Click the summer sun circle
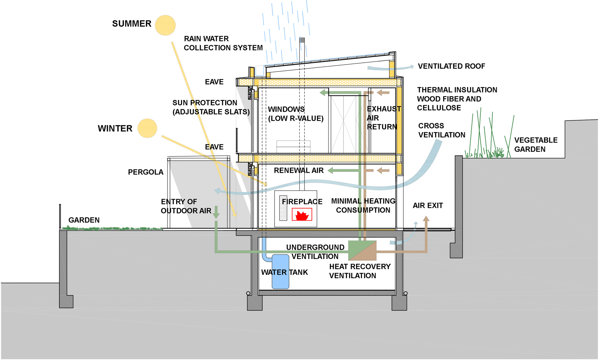(x=165, y=25)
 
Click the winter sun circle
(x=147, y=128)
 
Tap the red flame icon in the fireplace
(x=302, y=215)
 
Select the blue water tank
(x=280, y=272)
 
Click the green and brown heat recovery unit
(x=362, y=250)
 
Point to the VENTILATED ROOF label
(x=451, y=66)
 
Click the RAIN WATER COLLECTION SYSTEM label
(x=223, y=43)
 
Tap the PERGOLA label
(x=146, y=172)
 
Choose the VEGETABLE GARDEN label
(x=536, y=145)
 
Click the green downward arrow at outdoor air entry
(x=216, y=212)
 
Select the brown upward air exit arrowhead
(x=426, y=218)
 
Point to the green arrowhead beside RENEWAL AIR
(x=330, y=171)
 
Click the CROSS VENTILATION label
(x=442, y=130)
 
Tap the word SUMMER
(x=132, y=24)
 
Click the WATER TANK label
(x=285, y=272)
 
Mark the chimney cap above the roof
(x=302, y=40)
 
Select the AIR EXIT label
(x=428, y=205)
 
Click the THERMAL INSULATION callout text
(x=457, y=99)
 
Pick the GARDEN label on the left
(x=84, y=220)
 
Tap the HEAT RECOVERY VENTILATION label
(x=360, y=271)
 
